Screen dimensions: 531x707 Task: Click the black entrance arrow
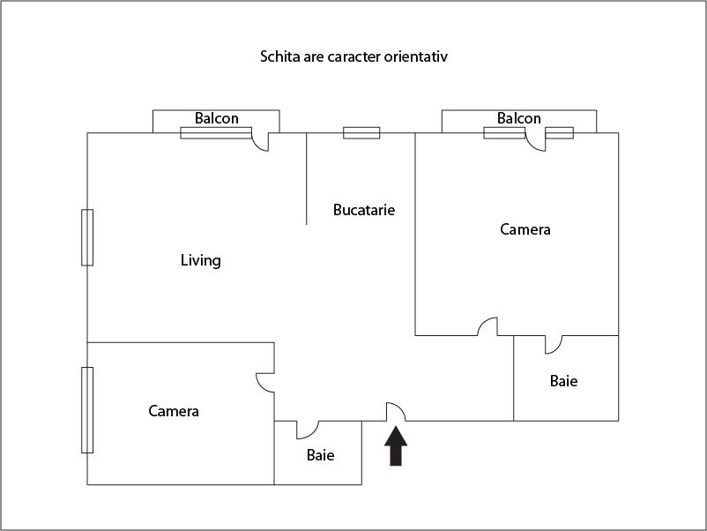tap(396, 446)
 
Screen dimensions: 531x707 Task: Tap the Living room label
tap(200, 260)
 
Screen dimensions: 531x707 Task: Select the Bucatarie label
tap(364, 210)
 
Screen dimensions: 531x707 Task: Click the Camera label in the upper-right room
tap(525, 229)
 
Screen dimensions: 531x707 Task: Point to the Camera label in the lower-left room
tap(174, 411)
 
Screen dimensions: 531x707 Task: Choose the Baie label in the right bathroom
tap(563, 381)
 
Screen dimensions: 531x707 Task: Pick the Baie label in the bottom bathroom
tap(321, 455)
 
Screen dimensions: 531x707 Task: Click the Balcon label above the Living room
tap(217, 118)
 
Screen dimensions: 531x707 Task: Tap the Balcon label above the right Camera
tap(519, 118)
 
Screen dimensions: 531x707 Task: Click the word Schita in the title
tap(279, 56)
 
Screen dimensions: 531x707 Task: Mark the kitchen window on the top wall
tap(361, 133)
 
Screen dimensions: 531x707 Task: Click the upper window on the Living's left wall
tap(87, 237)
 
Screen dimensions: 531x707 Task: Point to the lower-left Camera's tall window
tap(87, 409)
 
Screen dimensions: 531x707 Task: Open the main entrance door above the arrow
tap(395, 412)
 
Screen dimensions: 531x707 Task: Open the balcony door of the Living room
tap(261, 141)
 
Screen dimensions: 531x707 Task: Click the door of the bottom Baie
tap(308, 429)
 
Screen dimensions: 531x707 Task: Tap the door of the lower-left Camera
tap(265, 382)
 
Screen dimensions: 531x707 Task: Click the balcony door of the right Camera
tap(536, 142)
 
